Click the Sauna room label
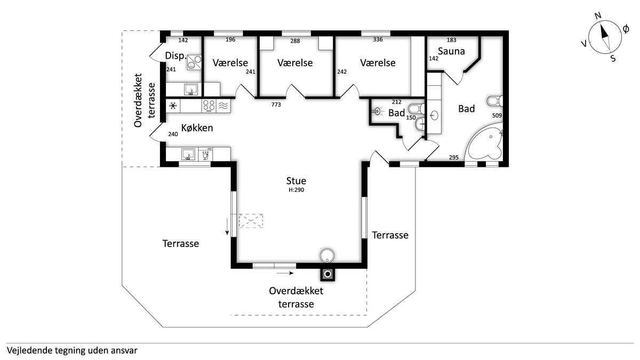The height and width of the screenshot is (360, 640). coord(451,51)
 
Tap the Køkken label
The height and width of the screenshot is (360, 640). coord(197,127)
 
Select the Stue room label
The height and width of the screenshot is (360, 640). coord(296,181)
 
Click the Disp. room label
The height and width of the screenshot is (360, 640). coord(175,55)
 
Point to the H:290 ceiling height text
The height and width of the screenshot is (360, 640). coord(297,190)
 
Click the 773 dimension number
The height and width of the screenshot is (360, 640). coord(276,105)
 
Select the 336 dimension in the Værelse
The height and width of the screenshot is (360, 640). coord(378,39)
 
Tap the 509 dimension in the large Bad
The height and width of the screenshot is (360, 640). coord(497,115)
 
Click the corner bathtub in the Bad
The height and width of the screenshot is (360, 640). coord(484,142)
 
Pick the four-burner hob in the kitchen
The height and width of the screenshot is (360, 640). coord(209,106)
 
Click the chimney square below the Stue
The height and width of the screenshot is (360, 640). coord(327,275)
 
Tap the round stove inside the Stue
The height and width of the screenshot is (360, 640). coord(327,255)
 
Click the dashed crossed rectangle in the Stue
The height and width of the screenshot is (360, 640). coord(251,221)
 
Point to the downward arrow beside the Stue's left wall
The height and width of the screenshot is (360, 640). coord(227,226)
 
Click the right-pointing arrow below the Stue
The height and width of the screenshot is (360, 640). coord(285,273)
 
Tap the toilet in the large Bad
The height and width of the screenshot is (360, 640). coord(495,101)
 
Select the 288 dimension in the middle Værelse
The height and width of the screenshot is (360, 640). coord(295,41)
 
